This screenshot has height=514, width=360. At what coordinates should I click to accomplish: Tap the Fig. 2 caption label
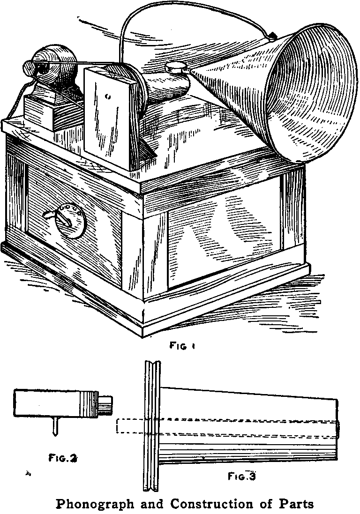point(63,457)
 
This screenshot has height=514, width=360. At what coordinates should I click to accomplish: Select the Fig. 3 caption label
point(241,476)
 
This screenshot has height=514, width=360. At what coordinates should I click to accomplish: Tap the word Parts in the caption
point(296,504)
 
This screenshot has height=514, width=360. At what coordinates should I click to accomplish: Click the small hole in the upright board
point(109,97)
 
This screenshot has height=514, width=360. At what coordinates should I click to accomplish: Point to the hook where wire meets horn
point(272,36)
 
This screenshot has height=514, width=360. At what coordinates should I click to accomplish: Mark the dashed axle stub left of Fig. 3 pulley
point(130,426)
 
